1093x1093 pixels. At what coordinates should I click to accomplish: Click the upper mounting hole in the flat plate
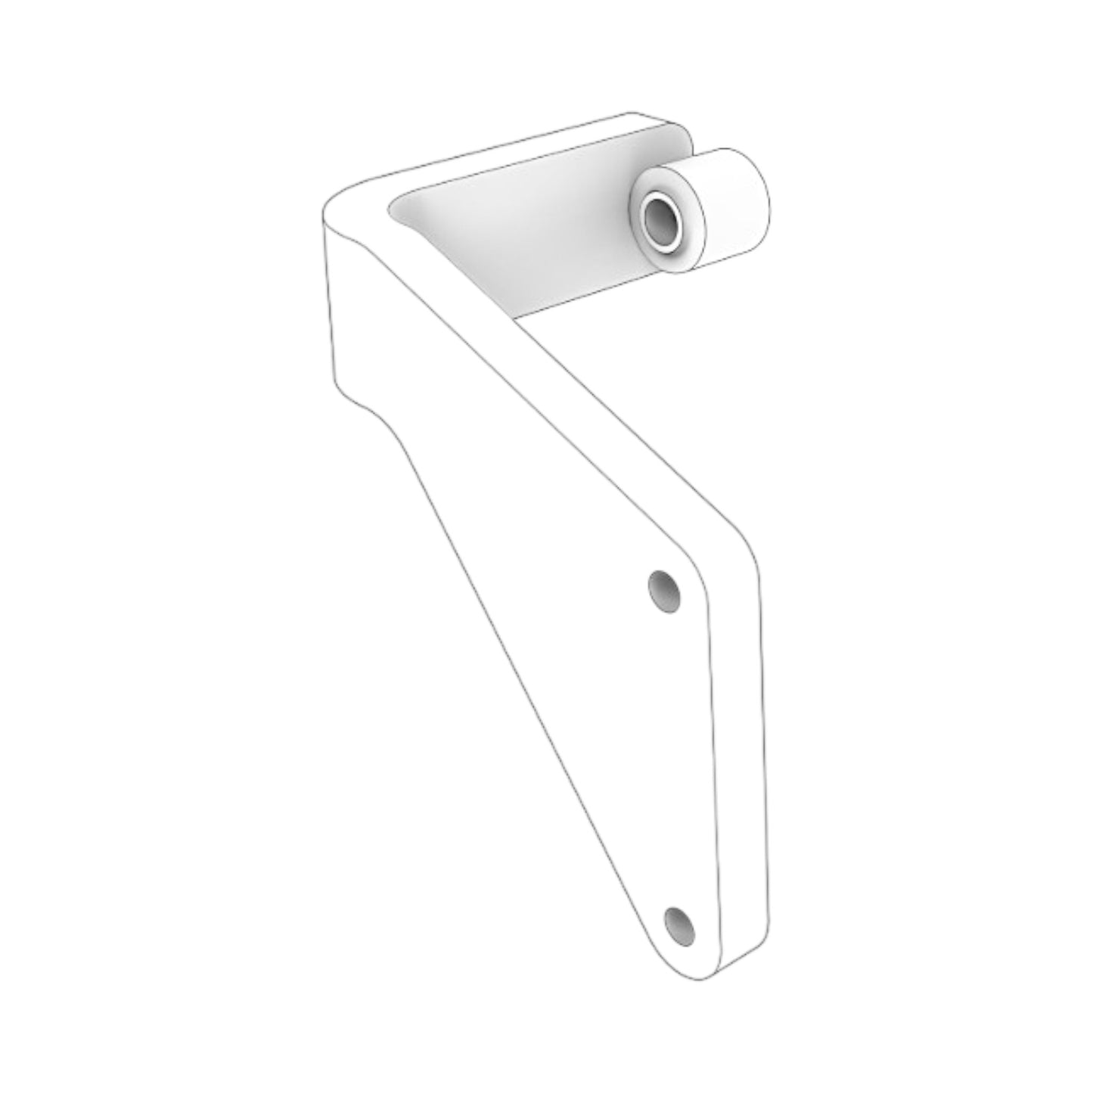664,590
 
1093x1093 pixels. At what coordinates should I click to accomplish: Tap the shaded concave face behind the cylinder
529,227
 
